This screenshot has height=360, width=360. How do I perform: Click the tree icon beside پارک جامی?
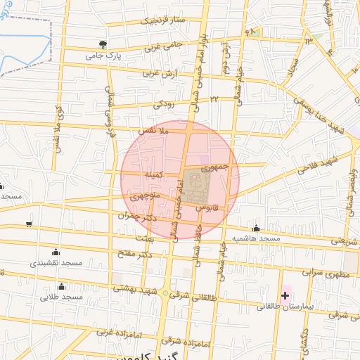point(105,44)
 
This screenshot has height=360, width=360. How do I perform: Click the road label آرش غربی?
point(160,72)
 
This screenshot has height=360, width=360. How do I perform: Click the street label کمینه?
point(155,173)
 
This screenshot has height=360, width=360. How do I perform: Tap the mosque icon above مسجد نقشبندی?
point(56,252)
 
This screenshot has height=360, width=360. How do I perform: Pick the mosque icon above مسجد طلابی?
point(61,286)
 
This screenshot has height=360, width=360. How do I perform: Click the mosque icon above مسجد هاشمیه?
point(256,228)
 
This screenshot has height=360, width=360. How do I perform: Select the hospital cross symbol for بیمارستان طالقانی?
point(285,295)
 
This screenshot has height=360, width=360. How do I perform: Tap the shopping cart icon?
point(28,224)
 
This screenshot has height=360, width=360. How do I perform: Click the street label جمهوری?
point(215,167)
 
